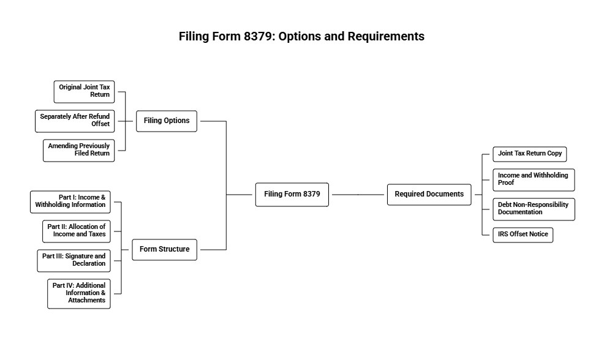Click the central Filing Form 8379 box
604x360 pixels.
coord(292,194)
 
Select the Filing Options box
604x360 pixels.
coord(167,121)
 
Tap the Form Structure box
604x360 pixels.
coord(164,249)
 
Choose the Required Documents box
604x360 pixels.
coord(429,194)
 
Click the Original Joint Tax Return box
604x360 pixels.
coord(84,91)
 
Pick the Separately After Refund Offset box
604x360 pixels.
coord(75,121)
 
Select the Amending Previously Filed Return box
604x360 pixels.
coord(78,150)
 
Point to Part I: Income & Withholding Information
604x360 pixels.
coord(70,201)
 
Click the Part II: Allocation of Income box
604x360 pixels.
coord(76,231)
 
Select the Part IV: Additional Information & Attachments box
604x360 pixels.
coord(78,293)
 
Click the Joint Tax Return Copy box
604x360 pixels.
coord(530,154)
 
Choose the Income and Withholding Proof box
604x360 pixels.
coord(534,179)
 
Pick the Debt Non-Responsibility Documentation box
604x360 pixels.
coord(534,209)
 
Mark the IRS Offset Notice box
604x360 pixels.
coord(523,234)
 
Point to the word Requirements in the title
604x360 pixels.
coord(386,36)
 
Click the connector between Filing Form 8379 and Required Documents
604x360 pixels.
coord(357,194)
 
